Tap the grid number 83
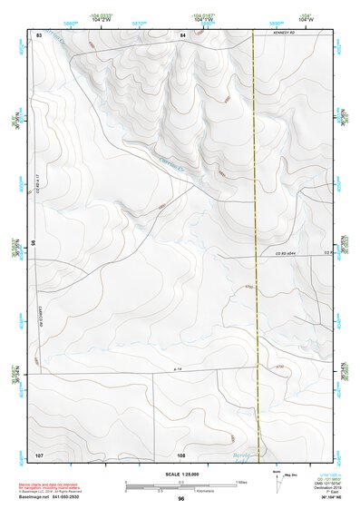39,34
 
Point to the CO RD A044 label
287,255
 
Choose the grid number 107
39,453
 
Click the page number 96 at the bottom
180,498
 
